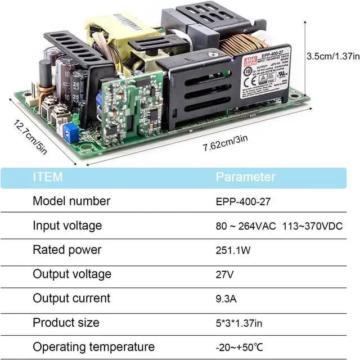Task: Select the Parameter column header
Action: coord(246,177)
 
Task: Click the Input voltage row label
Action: coord(67,226)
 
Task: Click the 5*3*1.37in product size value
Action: coord(240,323)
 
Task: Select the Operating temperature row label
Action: coord(93,347)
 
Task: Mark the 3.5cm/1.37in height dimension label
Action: coord(331,56)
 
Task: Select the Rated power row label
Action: coord(67,250)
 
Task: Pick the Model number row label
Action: coord(71,201)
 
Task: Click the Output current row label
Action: coord(71,299)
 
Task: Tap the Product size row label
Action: coord(66,323)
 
